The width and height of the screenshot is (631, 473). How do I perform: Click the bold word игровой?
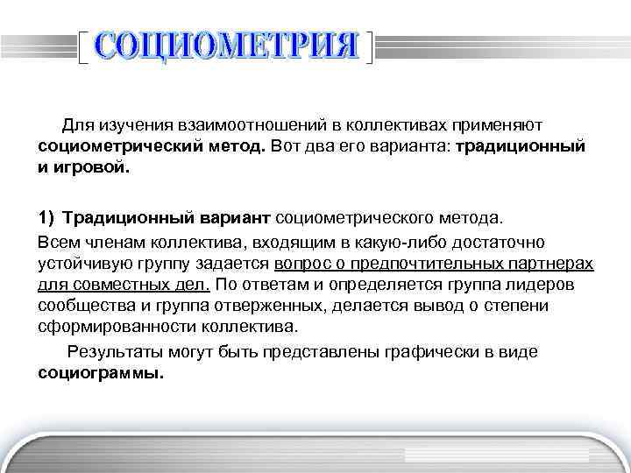click(x=90, y=166)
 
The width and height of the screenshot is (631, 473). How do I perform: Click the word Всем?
click(x=57, y=242)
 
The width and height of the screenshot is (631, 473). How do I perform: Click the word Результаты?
click(x=112, y=351)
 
